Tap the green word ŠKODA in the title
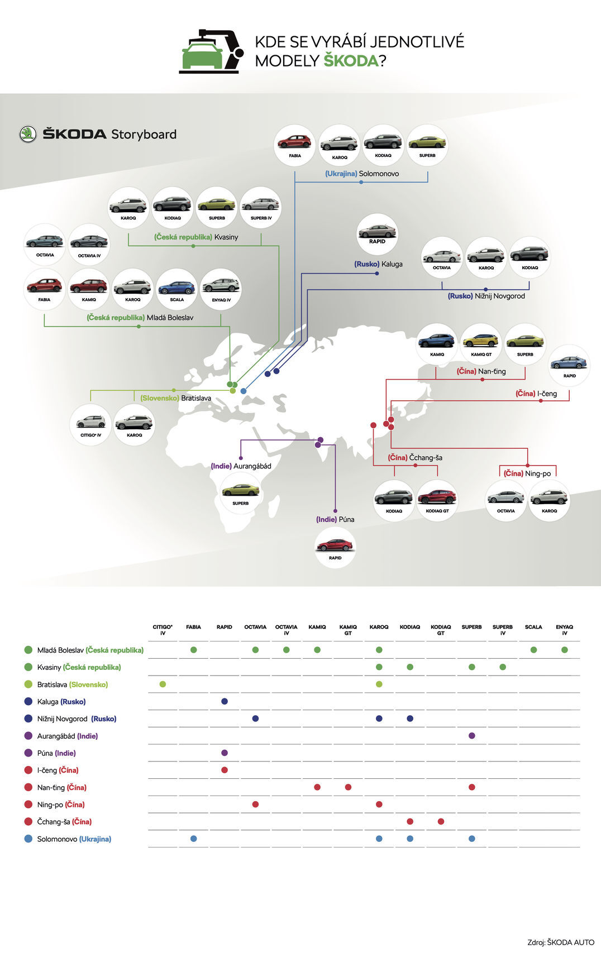pos(351,61)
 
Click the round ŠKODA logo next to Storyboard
pos(27,134)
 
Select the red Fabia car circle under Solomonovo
pos(295,145)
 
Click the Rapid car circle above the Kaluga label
pos(377,234)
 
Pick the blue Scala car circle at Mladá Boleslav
pos(177,289)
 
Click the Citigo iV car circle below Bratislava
pos(90,424)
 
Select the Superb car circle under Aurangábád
pos(241,492)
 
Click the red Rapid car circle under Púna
pos(335,547)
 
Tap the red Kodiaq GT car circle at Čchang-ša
pos(437,500)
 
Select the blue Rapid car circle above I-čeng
pos(569,365)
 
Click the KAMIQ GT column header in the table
pos(348,630)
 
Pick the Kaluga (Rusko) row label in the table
pos(61,702)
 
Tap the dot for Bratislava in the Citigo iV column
pos(163,684)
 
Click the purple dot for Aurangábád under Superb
pos(472,736)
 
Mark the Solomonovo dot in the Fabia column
pos(193,839)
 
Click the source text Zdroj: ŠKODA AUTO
pos(560,942)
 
